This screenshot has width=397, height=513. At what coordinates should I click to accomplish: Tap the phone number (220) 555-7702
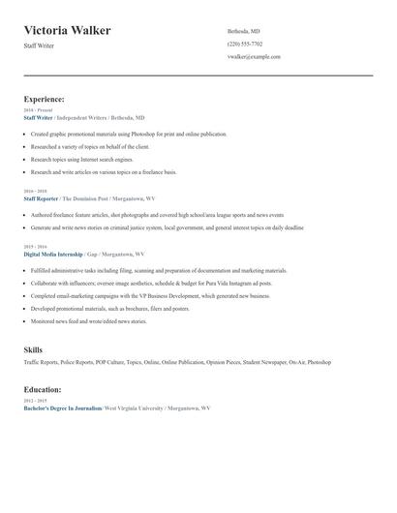coord(244,44)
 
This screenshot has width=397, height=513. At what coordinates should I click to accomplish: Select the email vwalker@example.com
coord(254,57)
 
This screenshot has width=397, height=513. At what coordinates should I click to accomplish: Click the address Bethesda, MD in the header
coord(243,31)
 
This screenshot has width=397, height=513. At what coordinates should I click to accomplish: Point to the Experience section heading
coord(45,99)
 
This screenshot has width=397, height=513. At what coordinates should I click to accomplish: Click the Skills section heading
coord(33,349)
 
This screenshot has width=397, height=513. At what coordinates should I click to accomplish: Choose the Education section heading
coord(43,389)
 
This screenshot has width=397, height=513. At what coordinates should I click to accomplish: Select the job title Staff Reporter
coord(42,197)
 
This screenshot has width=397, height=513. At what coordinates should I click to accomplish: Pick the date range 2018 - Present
coord(37,110)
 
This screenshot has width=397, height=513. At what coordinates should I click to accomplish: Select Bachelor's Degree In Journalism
coord(62,408)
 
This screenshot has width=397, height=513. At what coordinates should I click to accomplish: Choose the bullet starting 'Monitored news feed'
coord(89,320)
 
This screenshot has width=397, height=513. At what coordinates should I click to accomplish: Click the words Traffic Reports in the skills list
coord(42,362)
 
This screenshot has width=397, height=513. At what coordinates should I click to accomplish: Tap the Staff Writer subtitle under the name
coord(41,45)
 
